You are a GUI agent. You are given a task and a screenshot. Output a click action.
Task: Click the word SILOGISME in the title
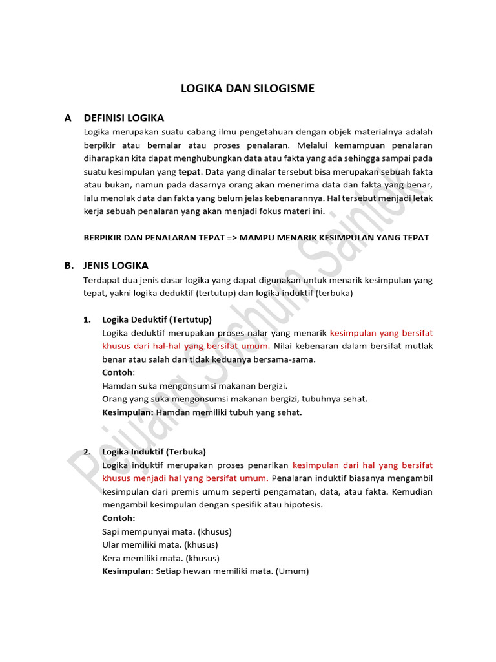pos(285,89)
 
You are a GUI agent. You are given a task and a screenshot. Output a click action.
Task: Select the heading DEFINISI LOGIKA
pos(123,118)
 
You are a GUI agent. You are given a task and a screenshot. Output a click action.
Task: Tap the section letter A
pos(68,118)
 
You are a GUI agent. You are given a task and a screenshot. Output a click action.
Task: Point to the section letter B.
pos(68,265)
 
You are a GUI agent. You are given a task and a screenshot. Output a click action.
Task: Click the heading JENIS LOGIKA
pos(116,265)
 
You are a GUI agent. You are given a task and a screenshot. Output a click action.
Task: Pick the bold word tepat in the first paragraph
pos(190,172)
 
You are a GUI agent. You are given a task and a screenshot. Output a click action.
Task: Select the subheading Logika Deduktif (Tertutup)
pos(157,319)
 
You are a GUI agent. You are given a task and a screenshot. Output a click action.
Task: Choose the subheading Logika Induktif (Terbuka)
pos(154,451)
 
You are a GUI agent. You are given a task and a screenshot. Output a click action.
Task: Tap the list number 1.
pos(87,319)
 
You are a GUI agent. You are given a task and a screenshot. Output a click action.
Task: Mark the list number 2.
pos(87,451)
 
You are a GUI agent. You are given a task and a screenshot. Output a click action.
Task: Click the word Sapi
pos(111,531)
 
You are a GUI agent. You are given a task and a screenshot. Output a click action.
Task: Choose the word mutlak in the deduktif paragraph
pos(419,346)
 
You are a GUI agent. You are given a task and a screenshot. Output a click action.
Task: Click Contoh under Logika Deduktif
pos(117,372)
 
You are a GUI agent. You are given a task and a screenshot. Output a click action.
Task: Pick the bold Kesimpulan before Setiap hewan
pos(128,571)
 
